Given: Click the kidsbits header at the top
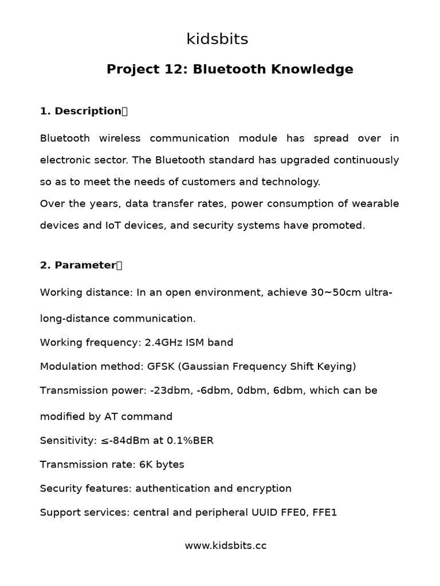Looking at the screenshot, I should pyautogui.click(x=217, y=39).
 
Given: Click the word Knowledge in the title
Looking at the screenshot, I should pyautogui.click(x=312, y=70).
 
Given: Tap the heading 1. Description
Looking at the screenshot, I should pyautogui.click(x=81, y=111).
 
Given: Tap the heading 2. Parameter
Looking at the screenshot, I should pyautogui.click(x=78, y=266).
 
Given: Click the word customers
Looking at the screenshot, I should pyautogui.click(x=207, y=182).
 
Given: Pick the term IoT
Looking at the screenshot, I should pyautogui.click(x=112, y=225).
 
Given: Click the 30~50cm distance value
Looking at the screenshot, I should pyautogui.click(x=336, y=293).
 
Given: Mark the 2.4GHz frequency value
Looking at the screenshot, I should pyautogui.click(x=162, y=343).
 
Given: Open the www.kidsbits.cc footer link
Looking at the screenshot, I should pyautogui.click(x=225, y=546).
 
